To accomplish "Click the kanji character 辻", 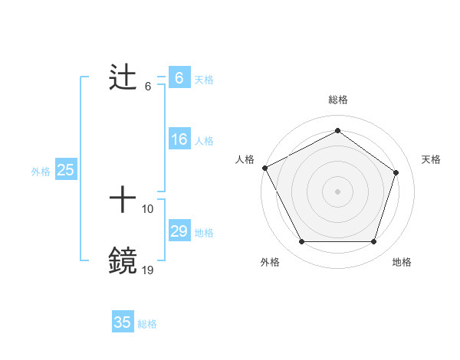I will [123, 79].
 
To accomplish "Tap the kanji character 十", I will [123, 201].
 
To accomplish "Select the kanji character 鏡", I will [123, 261].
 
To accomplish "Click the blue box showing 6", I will [179, 78].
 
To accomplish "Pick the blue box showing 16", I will [179, 139].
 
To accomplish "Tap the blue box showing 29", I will [179, 231].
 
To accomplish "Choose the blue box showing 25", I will [65, 170].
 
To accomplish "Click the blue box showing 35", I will [123, 322].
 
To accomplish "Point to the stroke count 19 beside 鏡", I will [148, 269].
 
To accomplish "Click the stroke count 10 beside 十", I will [148, 208].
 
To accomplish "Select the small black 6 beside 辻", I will [148, 86].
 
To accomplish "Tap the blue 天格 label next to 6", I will [204, 79].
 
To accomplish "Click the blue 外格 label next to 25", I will [41, 172].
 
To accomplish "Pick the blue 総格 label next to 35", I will [147, 324].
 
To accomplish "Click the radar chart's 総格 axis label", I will [337, 100].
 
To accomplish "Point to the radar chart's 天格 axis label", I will [431, 159].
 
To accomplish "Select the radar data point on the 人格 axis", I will [264, 168].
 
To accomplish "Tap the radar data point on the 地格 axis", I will [373, 242].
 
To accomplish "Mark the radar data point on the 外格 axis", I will [301, 242].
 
